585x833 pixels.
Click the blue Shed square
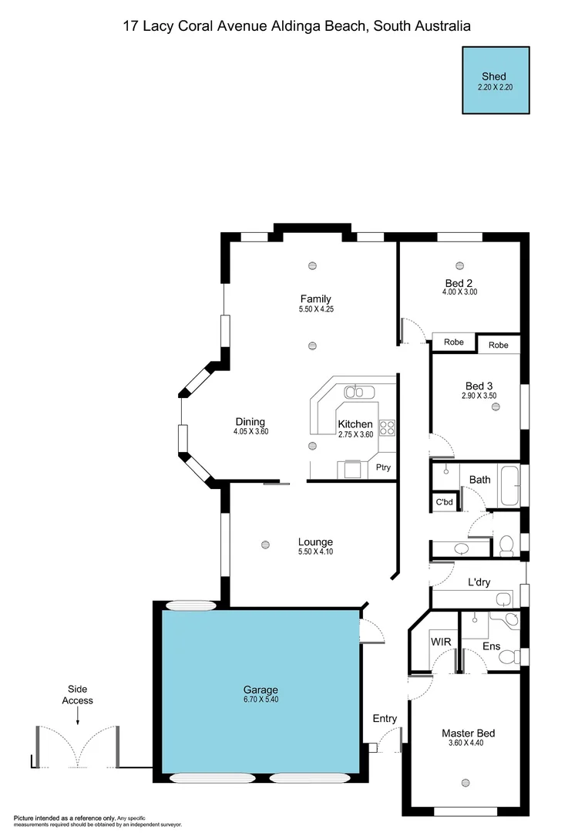point(496,81)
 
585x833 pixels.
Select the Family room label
point(315,299)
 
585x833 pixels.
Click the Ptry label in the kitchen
point(383,467)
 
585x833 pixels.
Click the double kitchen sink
point(355,392)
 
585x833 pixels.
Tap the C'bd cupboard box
point(444,502)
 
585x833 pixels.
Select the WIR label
point(441,641)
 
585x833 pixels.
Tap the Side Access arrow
point(77,717)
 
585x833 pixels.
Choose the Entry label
point(385,719)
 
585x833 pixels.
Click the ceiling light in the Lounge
point(265,543)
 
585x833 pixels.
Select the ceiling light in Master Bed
point(465,783)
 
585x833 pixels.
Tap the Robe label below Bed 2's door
point(454,342)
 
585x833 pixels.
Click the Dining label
point(250,422)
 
